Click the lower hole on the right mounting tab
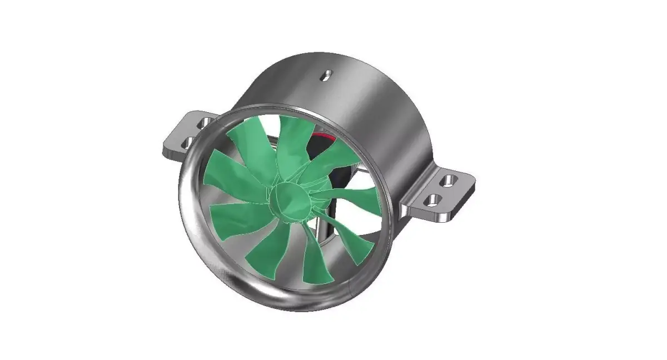pos(434,198)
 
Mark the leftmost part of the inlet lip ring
pos(181,194)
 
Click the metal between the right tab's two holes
pos(442,189)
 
